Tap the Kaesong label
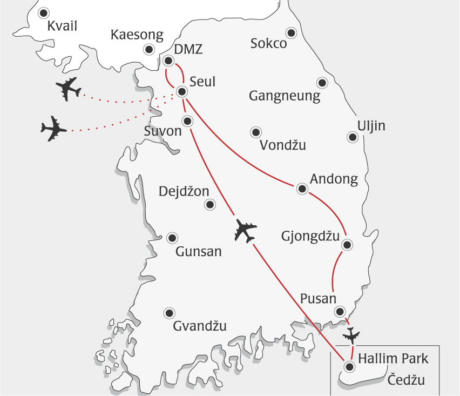pyautogui.click(x=137, y=36)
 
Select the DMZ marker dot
pyautogui.click(x=168, y=61)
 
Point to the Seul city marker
pyautogui.click(x=182, y=92)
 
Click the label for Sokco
pyautogui.click(x=268, y=44)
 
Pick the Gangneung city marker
pyautogui.click(x=322, y=83)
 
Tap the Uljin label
pyautogui.click(x=371, y=126)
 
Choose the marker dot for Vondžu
pyautogui.click(x=255, y=132)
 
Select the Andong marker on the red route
pyautogui.click(x=302, y=189)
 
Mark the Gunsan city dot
pyautogui.click(x=172, y=238)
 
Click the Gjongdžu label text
pyautogui.click(x=310, y=236)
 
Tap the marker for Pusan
pyautogui.click(x=340, y=311)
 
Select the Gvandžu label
pyautogui.click(x=199, y=326)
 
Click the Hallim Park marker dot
pyautogui.click(x=349, y=367)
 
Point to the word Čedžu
pyautogui.click(x=406, y=380)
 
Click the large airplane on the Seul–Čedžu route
pyautogui.click(x=245, y=231)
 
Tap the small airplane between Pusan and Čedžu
pyautogui.click(x=353, y=335)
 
